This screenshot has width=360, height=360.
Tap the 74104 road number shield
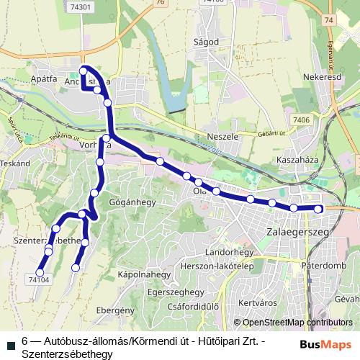39,278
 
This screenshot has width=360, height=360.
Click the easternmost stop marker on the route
320,209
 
